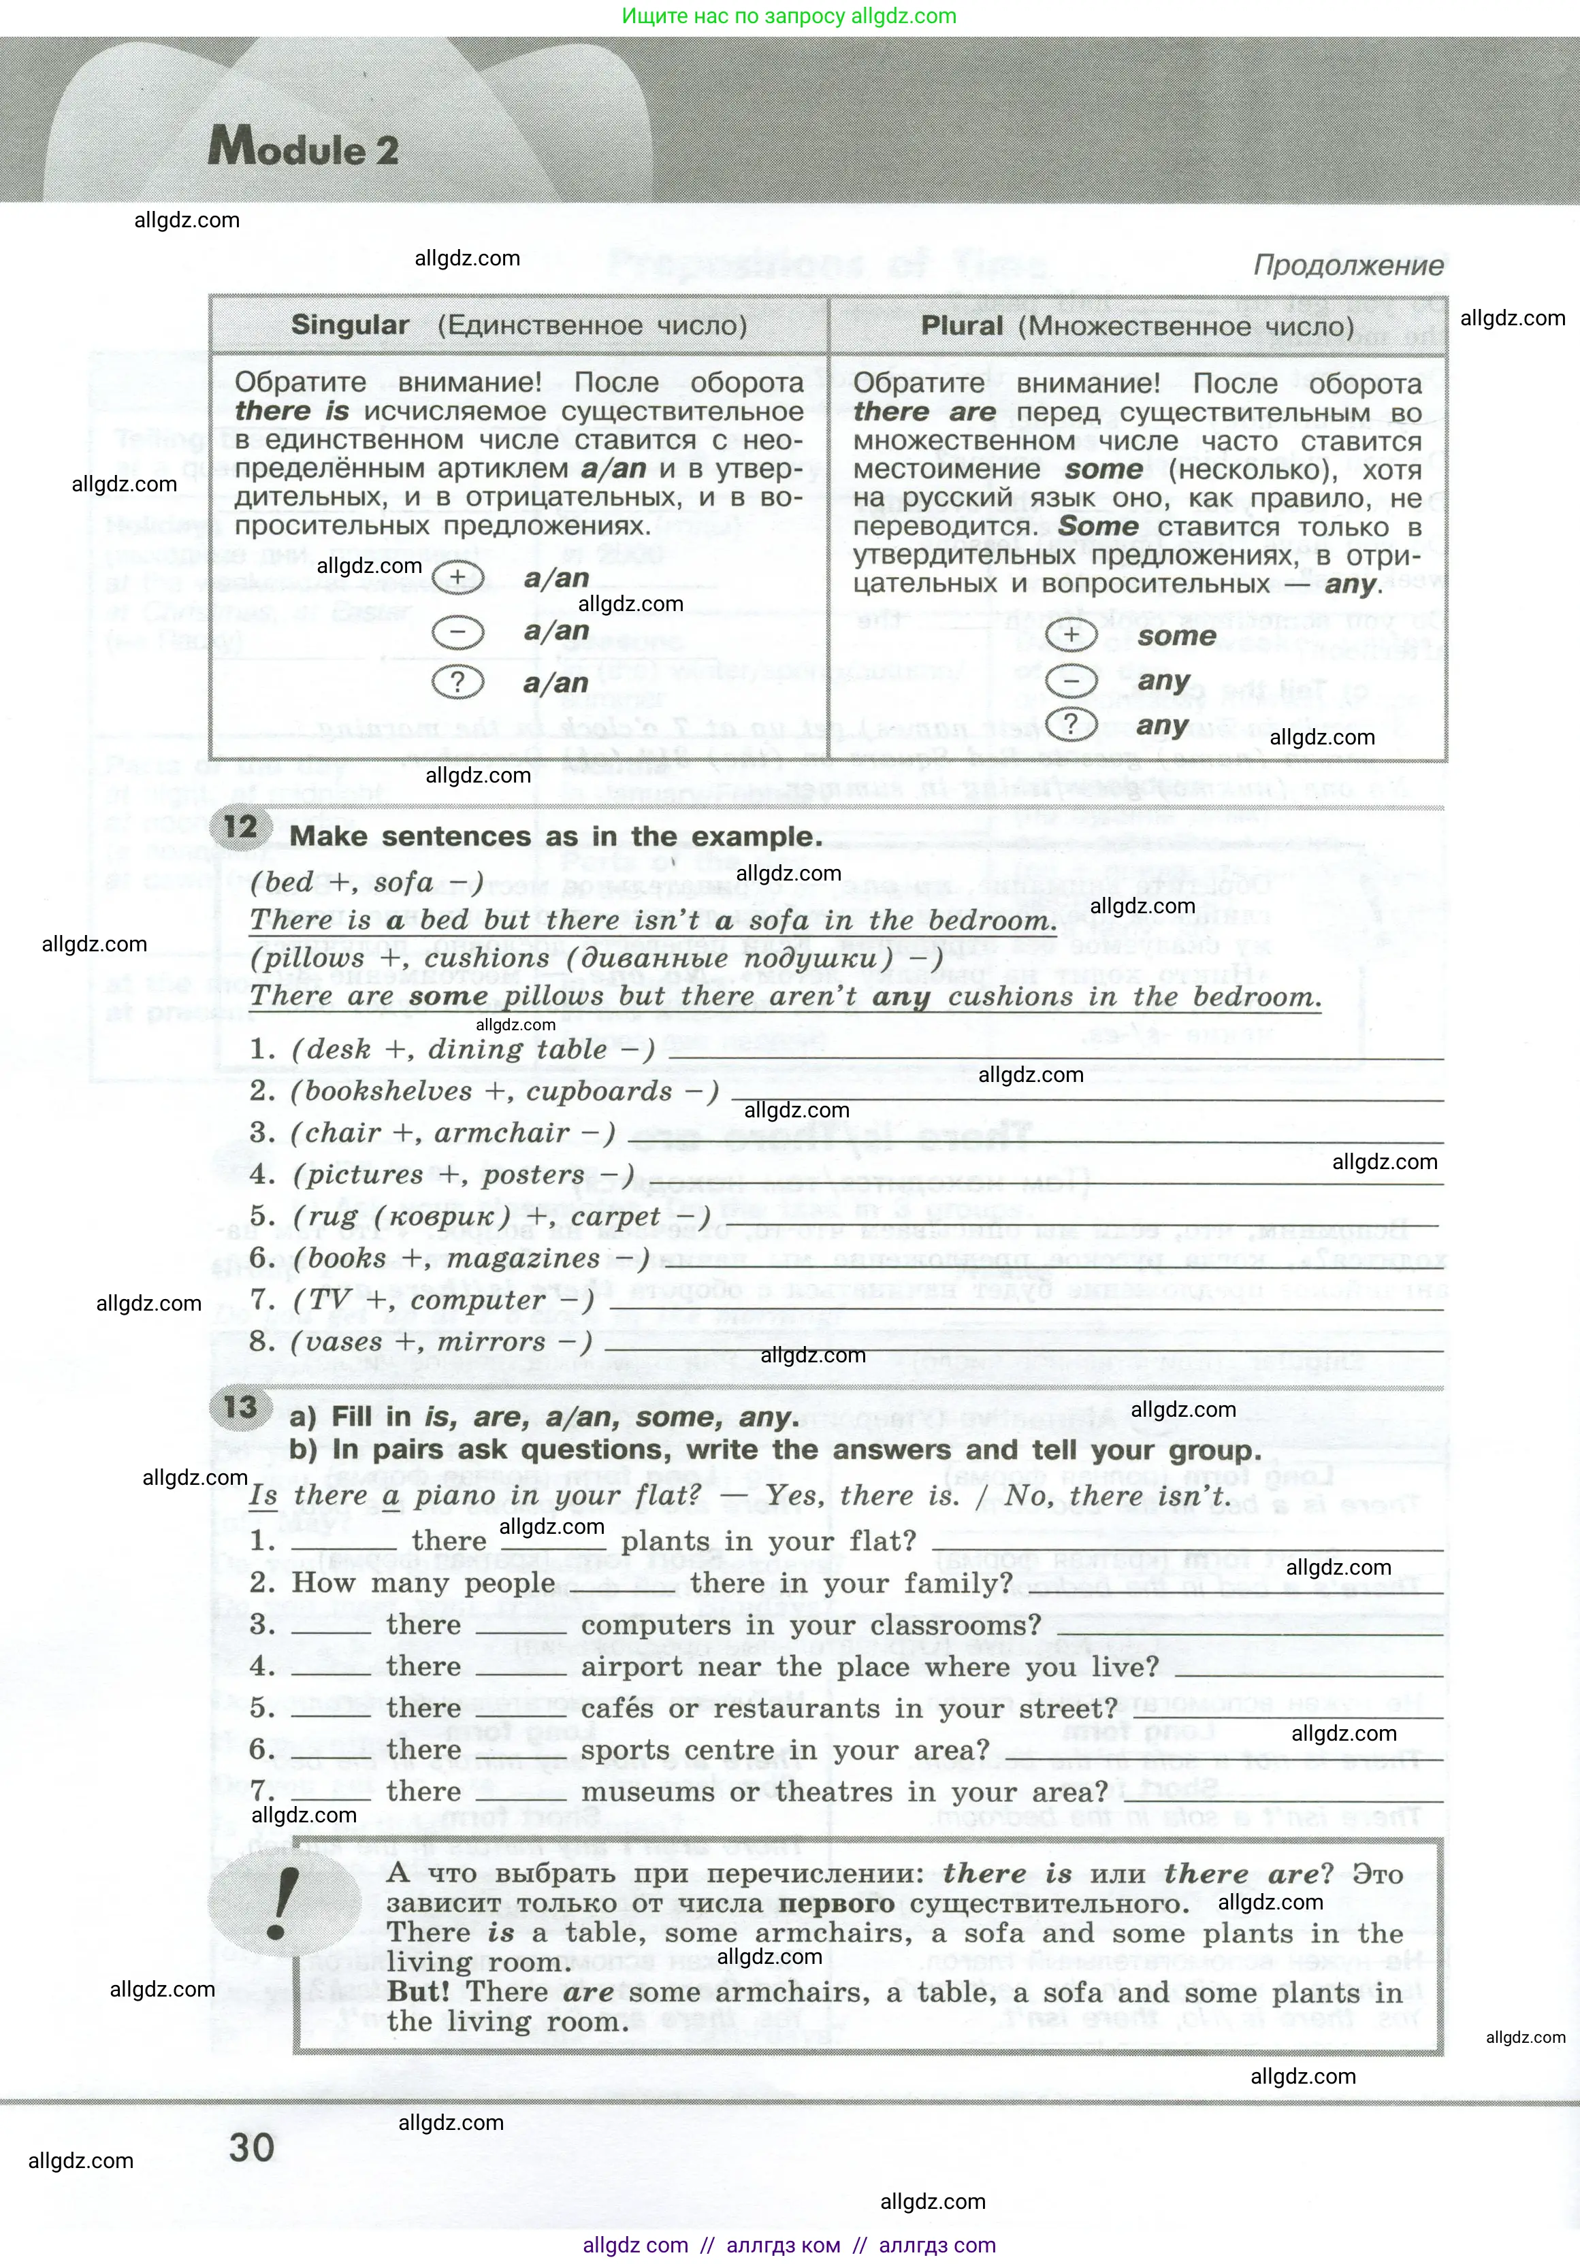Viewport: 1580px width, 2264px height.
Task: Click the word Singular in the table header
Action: point(350,325)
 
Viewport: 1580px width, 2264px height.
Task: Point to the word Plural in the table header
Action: point(962,327)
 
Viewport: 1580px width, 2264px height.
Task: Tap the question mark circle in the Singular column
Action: point(457,683)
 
